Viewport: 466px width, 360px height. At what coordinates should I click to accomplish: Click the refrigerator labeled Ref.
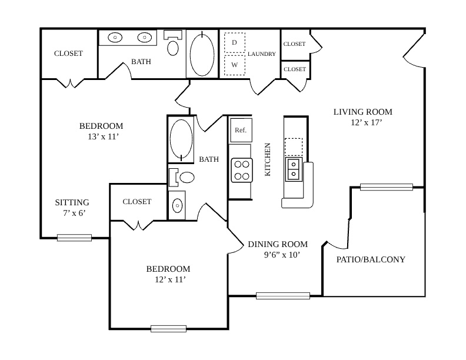pos(241,130)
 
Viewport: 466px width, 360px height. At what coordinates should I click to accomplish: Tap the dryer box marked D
pos(235,42)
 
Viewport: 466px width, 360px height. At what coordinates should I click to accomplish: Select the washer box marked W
pos(235,65)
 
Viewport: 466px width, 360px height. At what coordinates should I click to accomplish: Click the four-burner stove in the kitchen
pos(242,170)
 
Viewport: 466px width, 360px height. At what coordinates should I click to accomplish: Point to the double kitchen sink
pos(294,169)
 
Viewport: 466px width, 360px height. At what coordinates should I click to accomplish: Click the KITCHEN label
pos(268,159)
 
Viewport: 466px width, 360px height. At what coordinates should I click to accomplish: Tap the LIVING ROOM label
pos(363,112)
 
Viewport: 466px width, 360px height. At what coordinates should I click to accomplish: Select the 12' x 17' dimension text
pos(366,122)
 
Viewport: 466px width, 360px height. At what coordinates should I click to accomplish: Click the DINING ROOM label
pos(278,244)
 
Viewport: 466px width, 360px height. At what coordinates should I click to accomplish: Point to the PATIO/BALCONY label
pos(371,259)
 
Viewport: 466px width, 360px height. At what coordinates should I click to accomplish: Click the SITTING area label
pos(72,202)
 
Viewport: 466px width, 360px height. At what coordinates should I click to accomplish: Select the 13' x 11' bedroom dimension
pos(103,136)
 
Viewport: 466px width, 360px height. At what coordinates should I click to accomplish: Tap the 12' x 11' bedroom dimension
pos(170,279)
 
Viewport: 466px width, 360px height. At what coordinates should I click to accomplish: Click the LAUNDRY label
pos(262,54)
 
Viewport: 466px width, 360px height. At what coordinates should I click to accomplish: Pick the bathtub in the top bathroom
pos(202,54)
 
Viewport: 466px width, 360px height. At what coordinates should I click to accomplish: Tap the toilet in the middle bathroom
pos(181,177)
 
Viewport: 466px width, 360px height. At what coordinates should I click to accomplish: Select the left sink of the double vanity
pos(115,38)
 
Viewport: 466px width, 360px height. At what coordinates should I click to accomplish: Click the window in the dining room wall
pos(283,296)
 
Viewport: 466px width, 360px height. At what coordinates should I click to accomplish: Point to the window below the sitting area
pos(74,238)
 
